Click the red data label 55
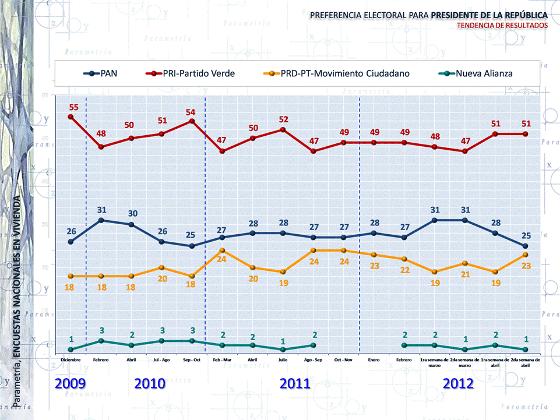click(74, 107)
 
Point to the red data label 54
click(190, 112)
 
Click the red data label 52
click(283, 119)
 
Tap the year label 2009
click(71, 384)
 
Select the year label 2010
click(150, 384)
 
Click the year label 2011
click(295, 384)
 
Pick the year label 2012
click(458, 384)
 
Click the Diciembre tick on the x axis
click(71, 360)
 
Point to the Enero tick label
click(374, 360)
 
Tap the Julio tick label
click(283, 360)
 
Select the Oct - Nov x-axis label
click(344, 360)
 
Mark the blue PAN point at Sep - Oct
click(192, 246)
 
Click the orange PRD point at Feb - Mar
click(223, 250)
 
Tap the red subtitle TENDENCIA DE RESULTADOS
click(502, 26)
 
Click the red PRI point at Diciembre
click(71, 117)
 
